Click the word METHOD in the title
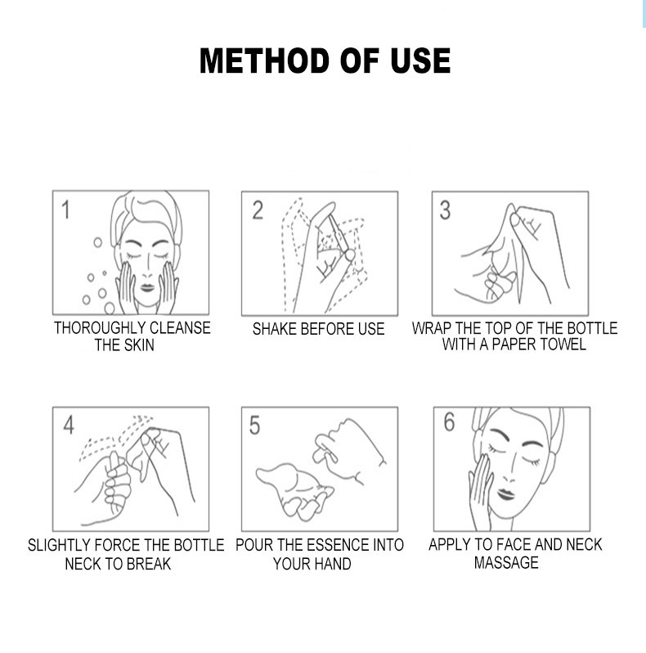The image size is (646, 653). coord(265,61)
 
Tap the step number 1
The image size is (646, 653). coord(65,209)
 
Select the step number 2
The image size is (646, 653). coord(258,209)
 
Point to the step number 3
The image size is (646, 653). coord(445,209)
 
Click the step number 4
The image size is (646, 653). coord(69,426)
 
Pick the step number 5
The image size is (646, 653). coord(254,426)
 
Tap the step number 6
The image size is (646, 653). coord(449,422)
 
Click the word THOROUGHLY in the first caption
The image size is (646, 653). coord(100,328)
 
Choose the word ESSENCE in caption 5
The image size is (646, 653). coord(335,545)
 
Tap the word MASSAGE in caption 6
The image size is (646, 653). coord(506,563)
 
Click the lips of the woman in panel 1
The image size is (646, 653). coord(147,288)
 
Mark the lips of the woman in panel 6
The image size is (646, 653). coord(505,494)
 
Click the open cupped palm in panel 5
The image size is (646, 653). coord(294,489)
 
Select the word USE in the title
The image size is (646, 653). coord(420,61)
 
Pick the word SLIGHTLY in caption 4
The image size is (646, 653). coord(59,545)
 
